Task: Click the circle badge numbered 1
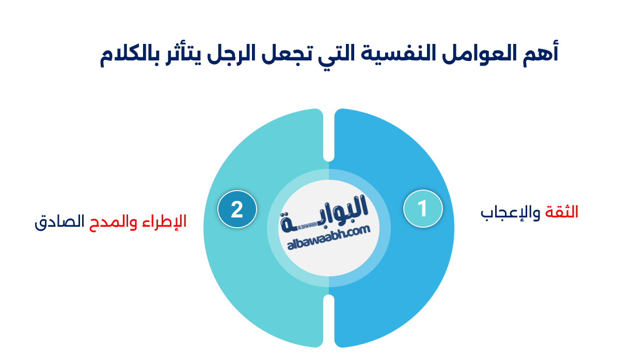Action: (x=423, y=209)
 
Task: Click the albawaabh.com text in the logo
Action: (x=329, y=239)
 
